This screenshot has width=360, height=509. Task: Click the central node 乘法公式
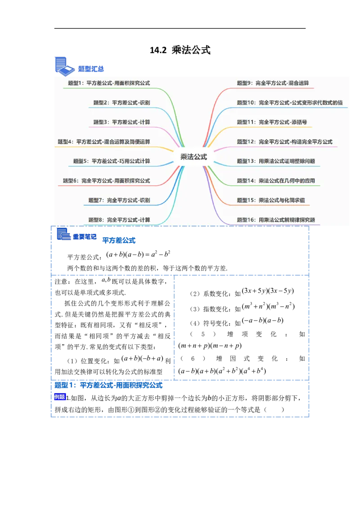click(x=193, y=157)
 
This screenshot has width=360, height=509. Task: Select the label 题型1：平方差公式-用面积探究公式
click(x=109, y=83)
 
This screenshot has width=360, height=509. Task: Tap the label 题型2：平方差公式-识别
click(x=121, y=103)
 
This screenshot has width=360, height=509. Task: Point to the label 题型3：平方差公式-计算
click(x=121, y=122)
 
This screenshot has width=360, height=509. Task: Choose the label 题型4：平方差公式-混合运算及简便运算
click(x=104, y=142)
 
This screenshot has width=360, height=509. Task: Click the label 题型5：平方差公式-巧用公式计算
click(x=112, y=161)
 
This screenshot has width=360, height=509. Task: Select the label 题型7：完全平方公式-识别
click(x=119, y=200)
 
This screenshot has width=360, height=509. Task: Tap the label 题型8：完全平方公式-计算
click(x=119, y=220)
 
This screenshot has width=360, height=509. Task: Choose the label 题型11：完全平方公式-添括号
click(x=272, y=122)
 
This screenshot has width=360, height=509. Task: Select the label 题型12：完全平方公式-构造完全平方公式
click(x=284, y=142)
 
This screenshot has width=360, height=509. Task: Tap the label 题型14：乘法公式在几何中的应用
click(x=276, y=181)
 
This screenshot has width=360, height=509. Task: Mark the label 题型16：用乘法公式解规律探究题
click(x=276, y=220)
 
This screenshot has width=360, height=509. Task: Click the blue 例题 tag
click(x=59, y=397)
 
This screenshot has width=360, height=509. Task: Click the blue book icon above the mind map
click(x=64, y=65)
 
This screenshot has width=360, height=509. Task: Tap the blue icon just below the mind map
click(x=63, y=235)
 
